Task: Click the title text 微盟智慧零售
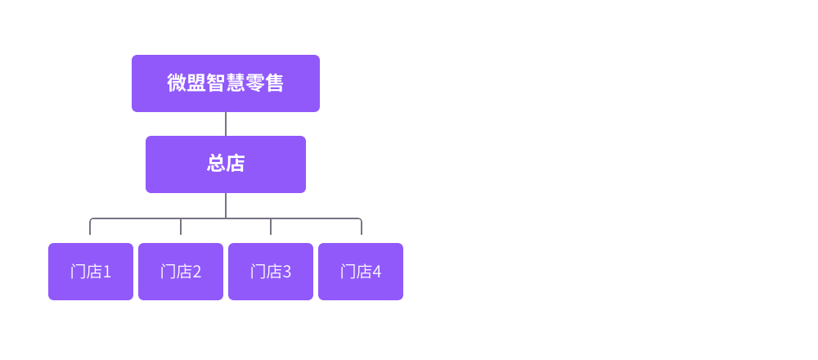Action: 225,83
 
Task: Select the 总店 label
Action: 225,164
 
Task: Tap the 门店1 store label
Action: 90,272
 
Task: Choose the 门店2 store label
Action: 180,272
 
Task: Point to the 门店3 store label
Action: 270,272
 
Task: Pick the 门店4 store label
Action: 360,272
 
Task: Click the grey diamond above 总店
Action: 225,124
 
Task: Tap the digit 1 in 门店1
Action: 106,272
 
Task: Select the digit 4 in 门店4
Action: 376,272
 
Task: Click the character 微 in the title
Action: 176,83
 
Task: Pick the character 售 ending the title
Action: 274,83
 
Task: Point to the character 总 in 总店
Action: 215,164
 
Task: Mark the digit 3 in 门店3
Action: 286,272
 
